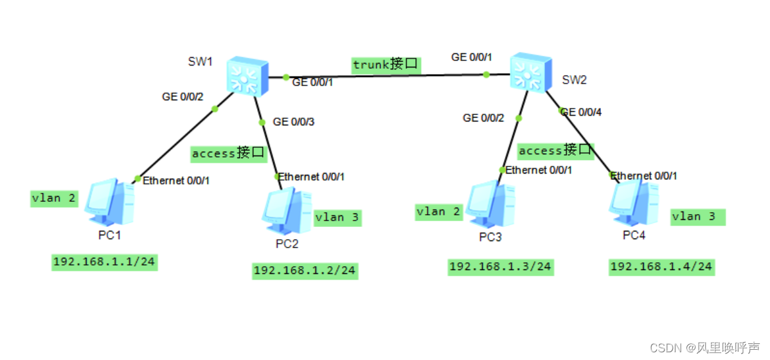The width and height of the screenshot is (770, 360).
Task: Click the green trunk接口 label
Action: click(x=386, y=64)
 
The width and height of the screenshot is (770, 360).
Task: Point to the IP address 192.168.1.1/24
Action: click(x=105, y=262)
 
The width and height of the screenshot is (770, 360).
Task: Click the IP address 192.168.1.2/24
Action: click(x=305, y=271)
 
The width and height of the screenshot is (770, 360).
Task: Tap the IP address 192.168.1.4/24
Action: click(x=661, y=266)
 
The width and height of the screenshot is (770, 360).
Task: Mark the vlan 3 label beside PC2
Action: click(x=337, y=217)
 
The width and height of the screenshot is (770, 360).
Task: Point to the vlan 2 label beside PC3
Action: click(x=438, y=212)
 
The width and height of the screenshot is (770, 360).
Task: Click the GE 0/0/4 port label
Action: click(x=582, y=112)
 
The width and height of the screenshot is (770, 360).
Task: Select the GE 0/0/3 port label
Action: click(x=294, y=122)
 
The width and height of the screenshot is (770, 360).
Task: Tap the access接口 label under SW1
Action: click(x=228, y=153)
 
